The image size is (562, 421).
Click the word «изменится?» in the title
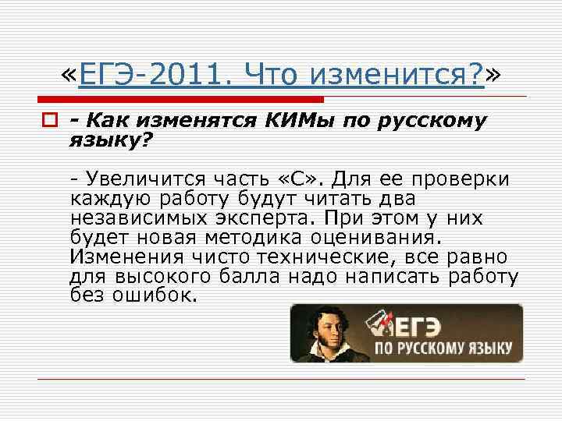click(397, 76)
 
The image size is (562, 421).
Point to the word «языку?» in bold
click(111, 141)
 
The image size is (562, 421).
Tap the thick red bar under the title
click(180, 100)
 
